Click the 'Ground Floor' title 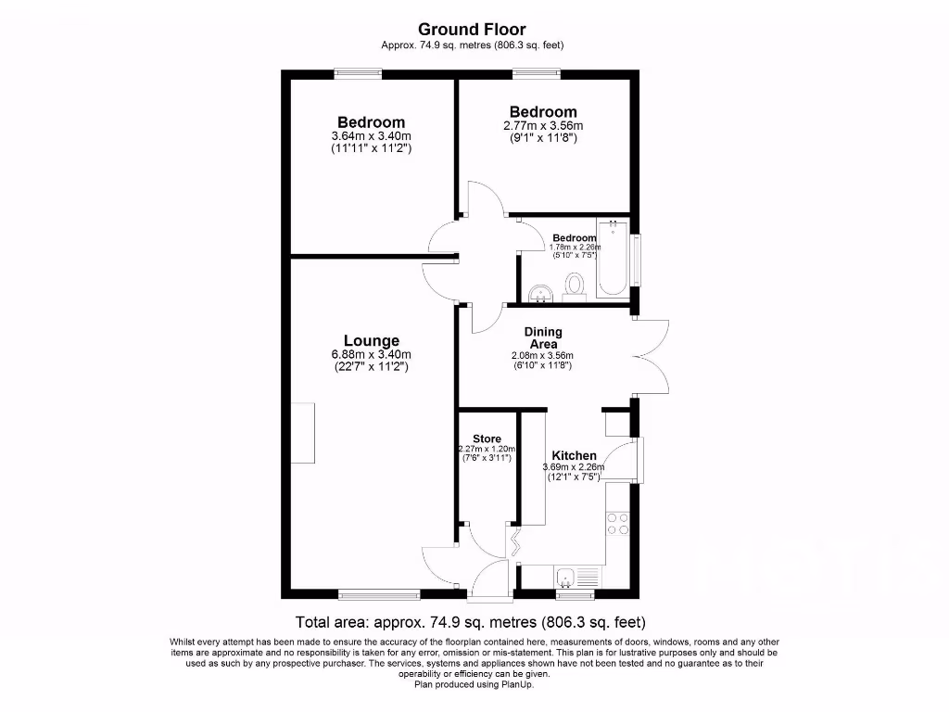[x=473, y=30]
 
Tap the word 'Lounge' [x=372, y=340]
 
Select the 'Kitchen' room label [x=575, y=455]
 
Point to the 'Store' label [x=487, y=439]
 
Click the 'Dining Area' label [x=543, y=337]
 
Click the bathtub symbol [x=613, y=259]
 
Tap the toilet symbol [x=575, y=285]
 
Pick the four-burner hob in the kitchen [x=617, y=525]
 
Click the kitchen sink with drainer [x=578, y=576]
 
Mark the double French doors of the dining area [x=652, y=355]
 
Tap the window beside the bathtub [x=637, y=259]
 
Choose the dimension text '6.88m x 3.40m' [x=372, y=354]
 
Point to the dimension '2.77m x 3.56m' [x=543, y=126]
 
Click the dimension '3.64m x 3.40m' [x=371, y=136]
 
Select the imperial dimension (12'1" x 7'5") [x=574, y=477]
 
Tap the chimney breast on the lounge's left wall [x=303, y=434]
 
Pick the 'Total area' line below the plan [x=470, y=622]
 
